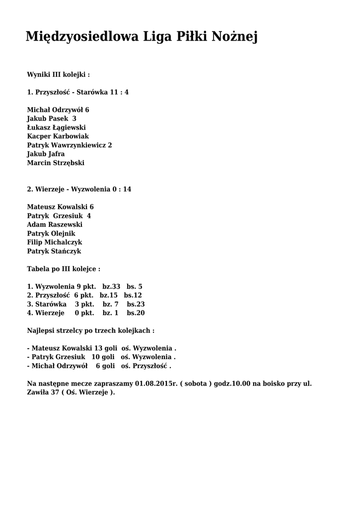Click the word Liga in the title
point(157,37)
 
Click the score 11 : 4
point(119,92)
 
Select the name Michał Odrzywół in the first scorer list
point(55,110)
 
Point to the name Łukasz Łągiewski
point(56,127)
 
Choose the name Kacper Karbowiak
point(58,136)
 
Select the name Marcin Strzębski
point(56,163)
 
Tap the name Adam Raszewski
point(55,225)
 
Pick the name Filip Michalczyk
point(55,243)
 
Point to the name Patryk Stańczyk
point(54,252)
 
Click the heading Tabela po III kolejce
point(64,269)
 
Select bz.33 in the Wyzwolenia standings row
point(111,287)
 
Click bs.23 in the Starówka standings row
point(136,304)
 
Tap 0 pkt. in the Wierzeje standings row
point(84,313)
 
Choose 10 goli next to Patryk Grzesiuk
point(103,357)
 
